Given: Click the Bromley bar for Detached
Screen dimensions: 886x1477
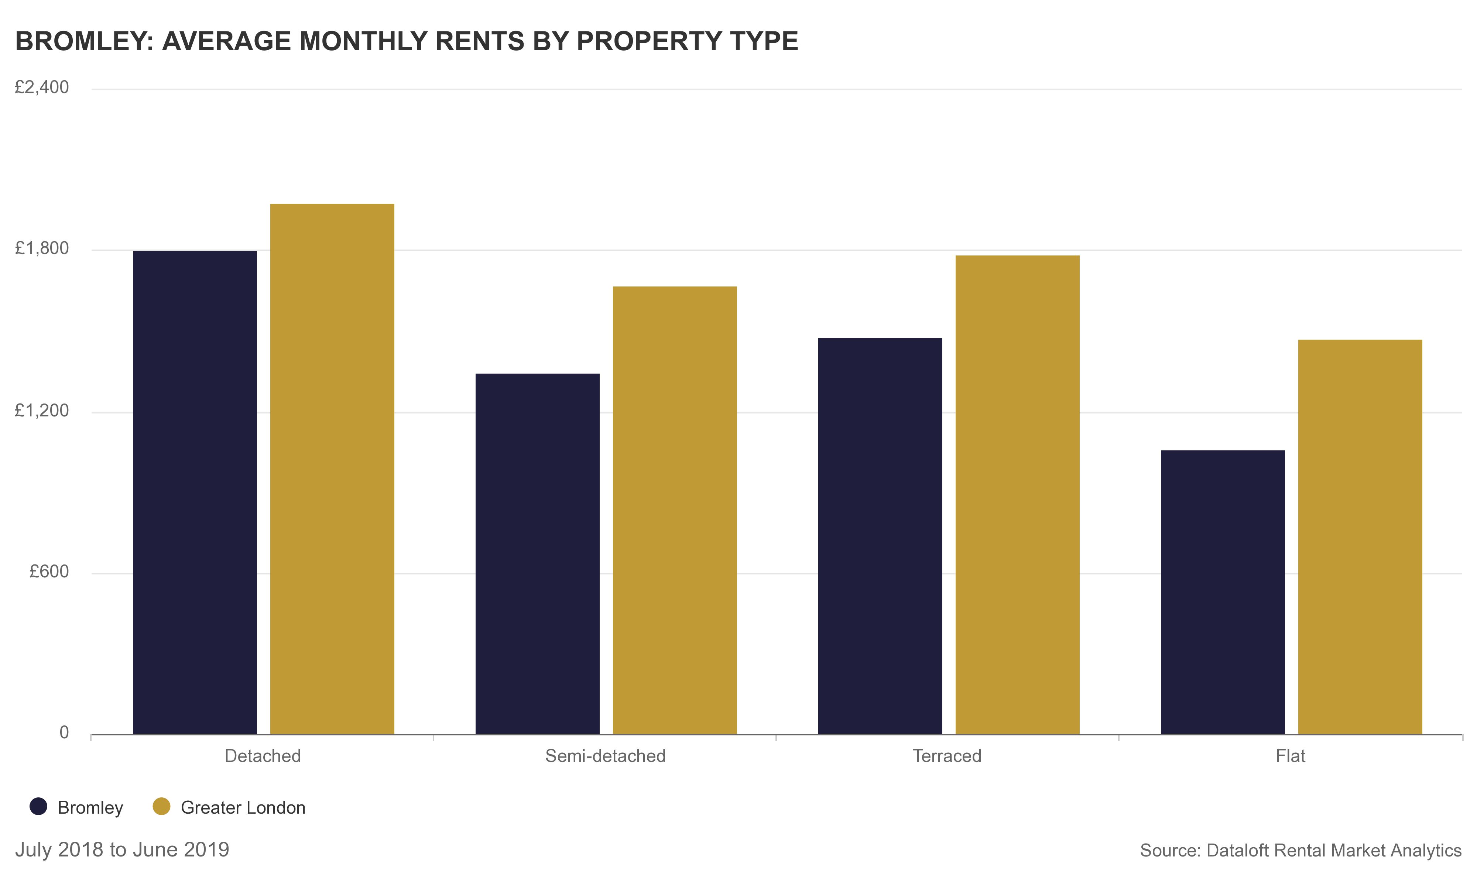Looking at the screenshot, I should (195, 492).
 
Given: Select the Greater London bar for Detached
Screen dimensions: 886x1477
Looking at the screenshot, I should (332, 469).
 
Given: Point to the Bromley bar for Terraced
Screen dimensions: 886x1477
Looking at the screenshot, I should (880, 536).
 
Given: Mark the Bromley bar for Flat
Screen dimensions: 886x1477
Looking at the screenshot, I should (1223, 592).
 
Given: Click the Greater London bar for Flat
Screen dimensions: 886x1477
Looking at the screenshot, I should (1360, 537).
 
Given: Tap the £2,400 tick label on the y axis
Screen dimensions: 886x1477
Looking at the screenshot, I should (42, 88).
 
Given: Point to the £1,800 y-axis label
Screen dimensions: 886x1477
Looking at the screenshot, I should (42, 248).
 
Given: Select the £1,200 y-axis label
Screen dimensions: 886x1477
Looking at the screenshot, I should (42, 411).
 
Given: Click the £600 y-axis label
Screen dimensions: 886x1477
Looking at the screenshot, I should (49, 572).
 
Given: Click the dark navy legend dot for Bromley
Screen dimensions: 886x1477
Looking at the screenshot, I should (38, 807).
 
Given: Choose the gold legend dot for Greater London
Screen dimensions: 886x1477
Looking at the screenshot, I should (162, 807).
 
